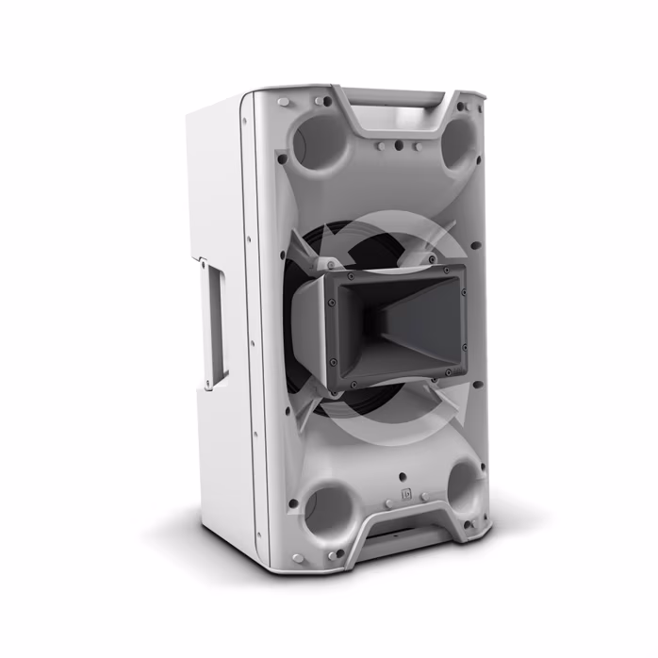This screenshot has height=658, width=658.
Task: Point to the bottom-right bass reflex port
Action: click(465, 486)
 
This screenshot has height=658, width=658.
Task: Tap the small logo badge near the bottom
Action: click(407, 493)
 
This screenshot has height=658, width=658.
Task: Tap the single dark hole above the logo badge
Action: click(403, 476)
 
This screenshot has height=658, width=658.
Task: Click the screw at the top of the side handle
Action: click(210, 255)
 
